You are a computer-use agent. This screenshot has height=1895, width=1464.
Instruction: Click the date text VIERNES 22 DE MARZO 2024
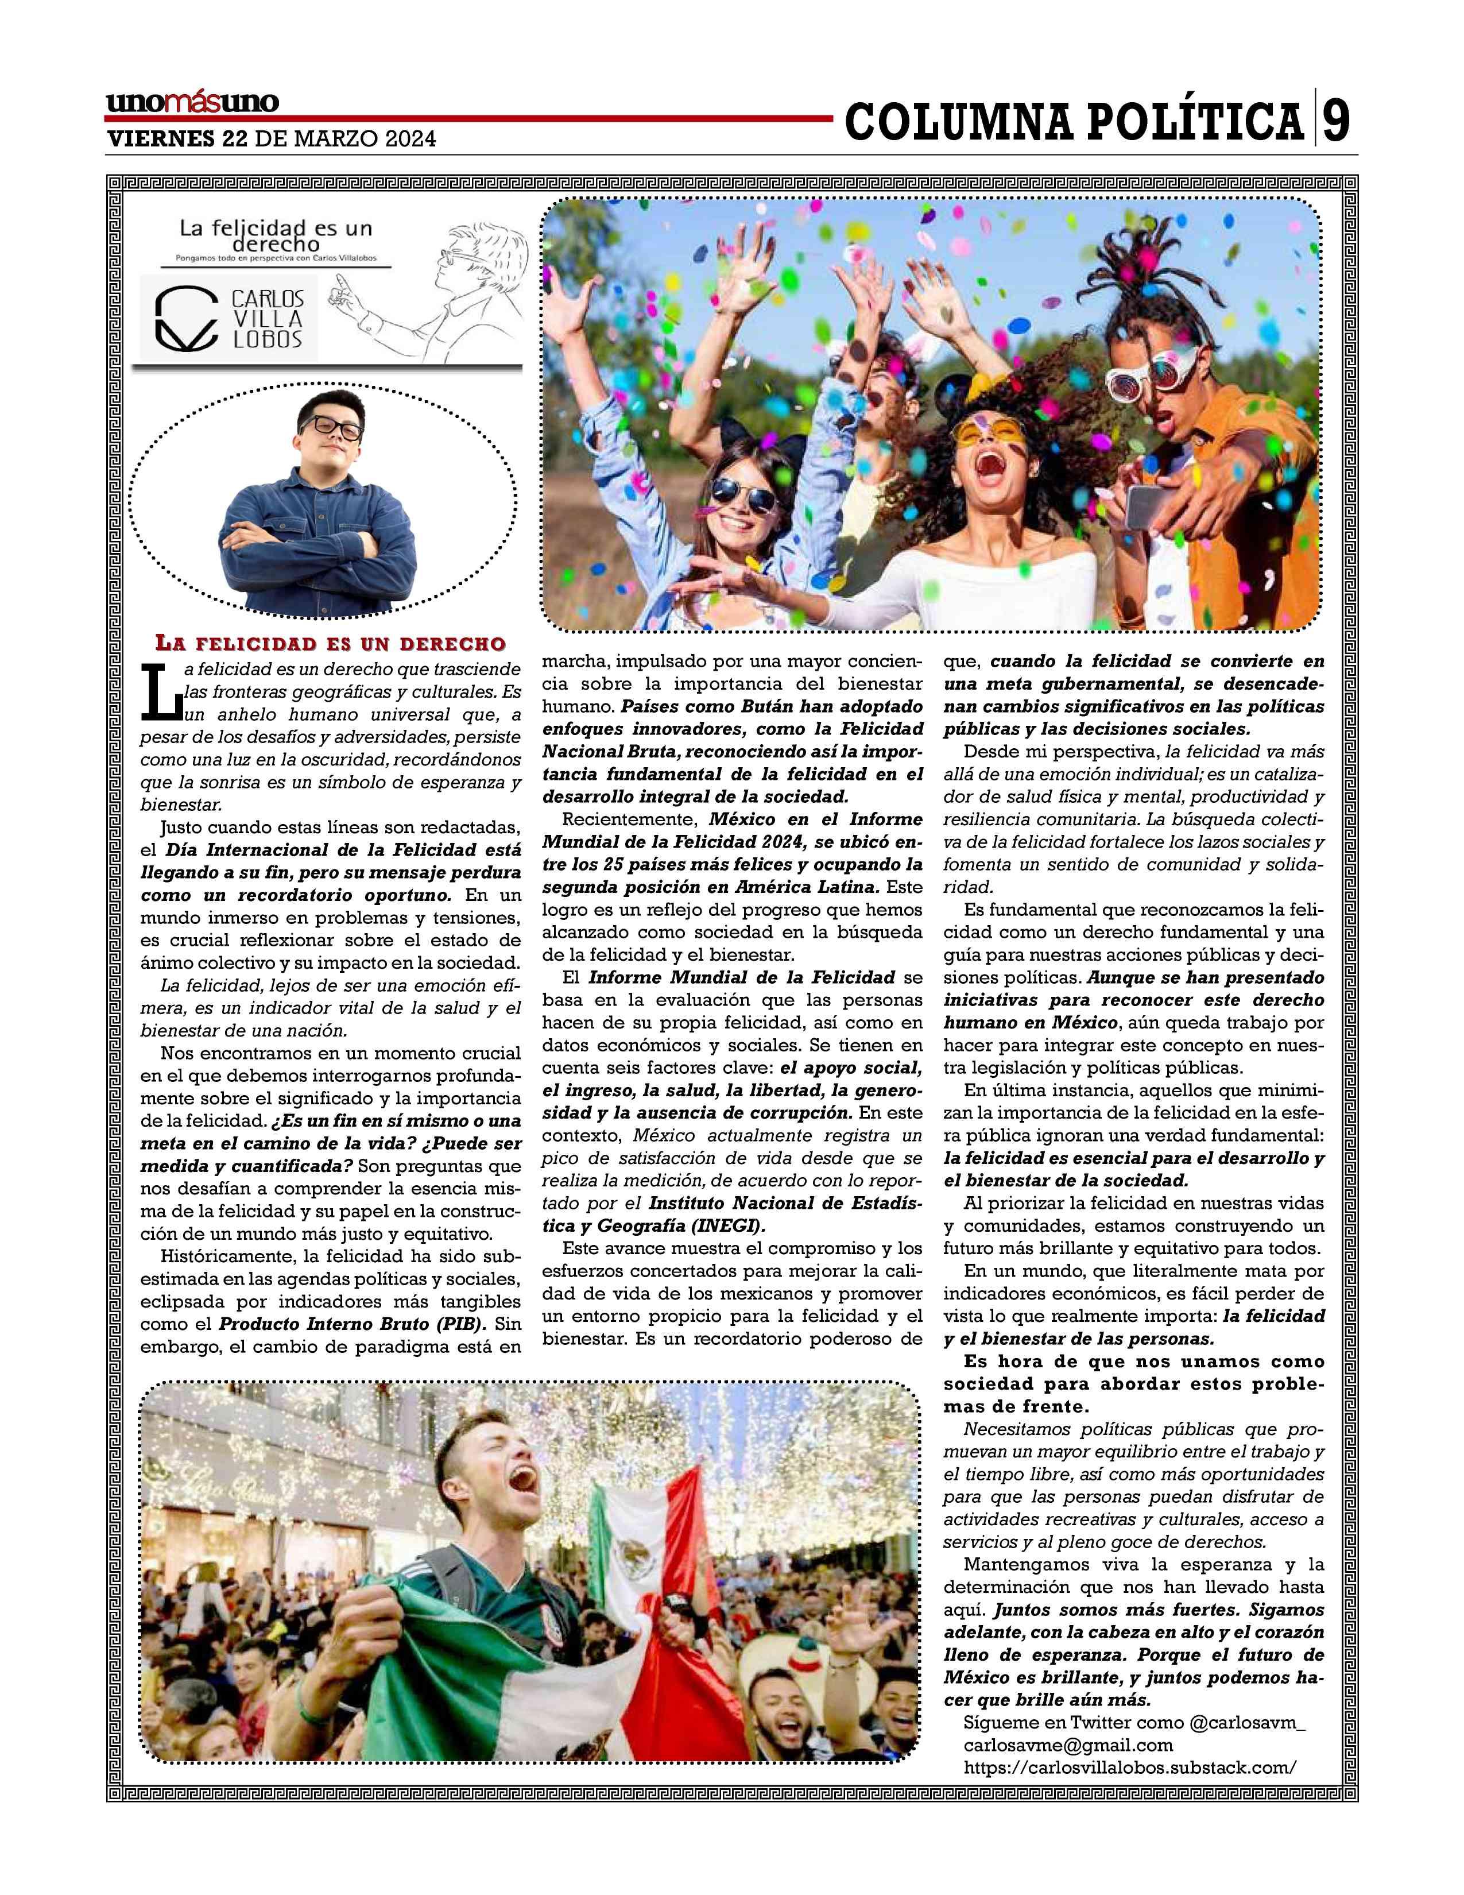click(x=270, y=139)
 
